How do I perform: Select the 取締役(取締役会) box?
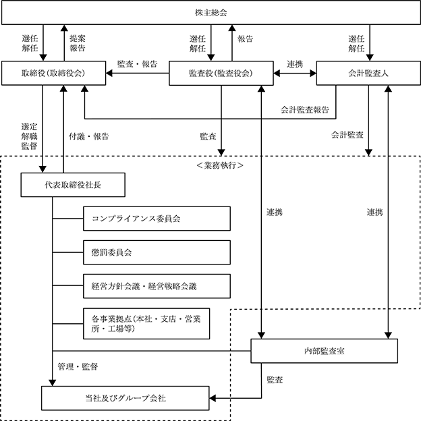(53, 74)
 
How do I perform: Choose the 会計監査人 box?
(368, 74)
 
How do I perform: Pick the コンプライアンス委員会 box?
(157, 219)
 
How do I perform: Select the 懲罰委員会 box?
(157, 253)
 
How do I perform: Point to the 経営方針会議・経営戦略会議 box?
(157, 286)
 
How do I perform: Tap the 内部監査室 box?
(325, 351)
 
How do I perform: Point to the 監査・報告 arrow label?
(137, 64)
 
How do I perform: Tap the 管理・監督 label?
(78, 366)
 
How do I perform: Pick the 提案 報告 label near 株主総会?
(78, 44)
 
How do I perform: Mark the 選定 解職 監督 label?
(29, 136)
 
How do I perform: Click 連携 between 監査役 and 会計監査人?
(294, 64)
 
